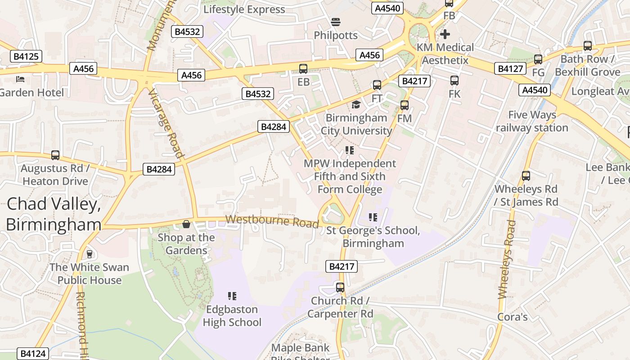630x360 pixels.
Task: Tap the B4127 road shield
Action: click(511, 68)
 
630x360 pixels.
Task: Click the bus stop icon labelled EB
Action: click(303, 69)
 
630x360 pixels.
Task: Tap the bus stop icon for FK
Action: click(454, 81)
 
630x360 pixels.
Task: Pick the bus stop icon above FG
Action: click(538, 59)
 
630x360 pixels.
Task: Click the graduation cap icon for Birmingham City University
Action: click(356, 105)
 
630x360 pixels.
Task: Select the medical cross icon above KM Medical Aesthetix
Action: click(445, 34)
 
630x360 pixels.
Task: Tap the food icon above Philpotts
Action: click(335, 22)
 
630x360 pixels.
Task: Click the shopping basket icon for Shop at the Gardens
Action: click(186, 224)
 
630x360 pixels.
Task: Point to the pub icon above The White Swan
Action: click(89, 254)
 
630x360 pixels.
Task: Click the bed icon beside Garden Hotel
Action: click(20, 79)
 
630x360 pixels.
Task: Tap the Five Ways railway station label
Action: click(532, 121)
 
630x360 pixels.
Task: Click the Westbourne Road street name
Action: click(272, 221)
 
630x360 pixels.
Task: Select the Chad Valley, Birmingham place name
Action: click(53, 214)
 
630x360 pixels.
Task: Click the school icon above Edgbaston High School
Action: click(232, 296)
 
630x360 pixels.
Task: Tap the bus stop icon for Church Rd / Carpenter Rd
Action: click(340, 287)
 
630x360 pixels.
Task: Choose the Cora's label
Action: click(512, 317)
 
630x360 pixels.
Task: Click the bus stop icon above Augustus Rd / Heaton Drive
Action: click(55, 155)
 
